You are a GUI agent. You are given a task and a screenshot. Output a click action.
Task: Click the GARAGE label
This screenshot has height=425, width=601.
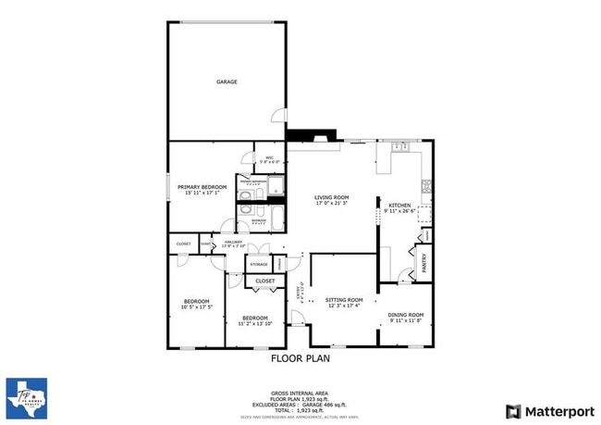227,81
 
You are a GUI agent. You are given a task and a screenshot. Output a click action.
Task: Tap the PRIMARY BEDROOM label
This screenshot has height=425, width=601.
202,187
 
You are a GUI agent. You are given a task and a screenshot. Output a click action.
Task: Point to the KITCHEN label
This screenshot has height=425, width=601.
399,205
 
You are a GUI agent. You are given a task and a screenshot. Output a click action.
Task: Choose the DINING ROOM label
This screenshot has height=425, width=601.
405,314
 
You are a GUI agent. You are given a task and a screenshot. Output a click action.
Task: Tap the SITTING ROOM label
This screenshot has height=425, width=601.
342,300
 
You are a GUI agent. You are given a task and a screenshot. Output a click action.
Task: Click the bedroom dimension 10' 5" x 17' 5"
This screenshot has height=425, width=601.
196,306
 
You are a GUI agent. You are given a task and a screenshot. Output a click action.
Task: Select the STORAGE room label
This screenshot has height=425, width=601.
258,265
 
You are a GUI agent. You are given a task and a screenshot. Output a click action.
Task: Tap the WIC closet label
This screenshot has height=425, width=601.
269,157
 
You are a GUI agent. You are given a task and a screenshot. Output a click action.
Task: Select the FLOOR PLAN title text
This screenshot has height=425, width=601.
300,357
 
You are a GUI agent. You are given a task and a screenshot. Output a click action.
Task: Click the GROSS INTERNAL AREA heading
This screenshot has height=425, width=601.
300,393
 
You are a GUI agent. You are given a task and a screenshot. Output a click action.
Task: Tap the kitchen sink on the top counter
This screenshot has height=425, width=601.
400,145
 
